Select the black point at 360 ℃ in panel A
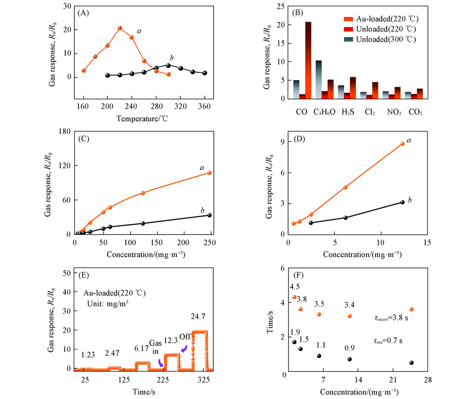pos(205,73)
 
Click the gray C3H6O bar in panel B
pos(319,79)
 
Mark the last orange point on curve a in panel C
pos(209,173)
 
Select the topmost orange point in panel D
pos(403,144)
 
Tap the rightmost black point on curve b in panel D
pos(403,202)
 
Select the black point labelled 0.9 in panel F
pos(350,359)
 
